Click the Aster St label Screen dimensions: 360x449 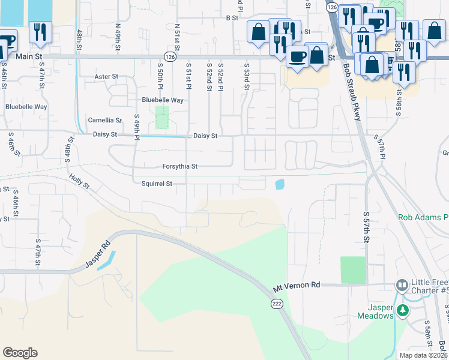point(107,77)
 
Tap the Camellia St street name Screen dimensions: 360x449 point(105,120)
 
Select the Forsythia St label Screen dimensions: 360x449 point(179,166)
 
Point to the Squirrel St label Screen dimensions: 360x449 point(157,184)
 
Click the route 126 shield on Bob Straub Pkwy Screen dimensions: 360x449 point(332,7)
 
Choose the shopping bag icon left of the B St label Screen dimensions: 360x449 point(258,32)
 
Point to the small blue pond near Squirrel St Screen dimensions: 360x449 point(279,184)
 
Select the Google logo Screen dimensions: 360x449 point(20,353)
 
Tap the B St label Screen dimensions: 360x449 point(232,18)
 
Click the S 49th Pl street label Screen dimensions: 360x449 point(137,128)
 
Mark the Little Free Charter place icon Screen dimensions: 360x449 point(402,284)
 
